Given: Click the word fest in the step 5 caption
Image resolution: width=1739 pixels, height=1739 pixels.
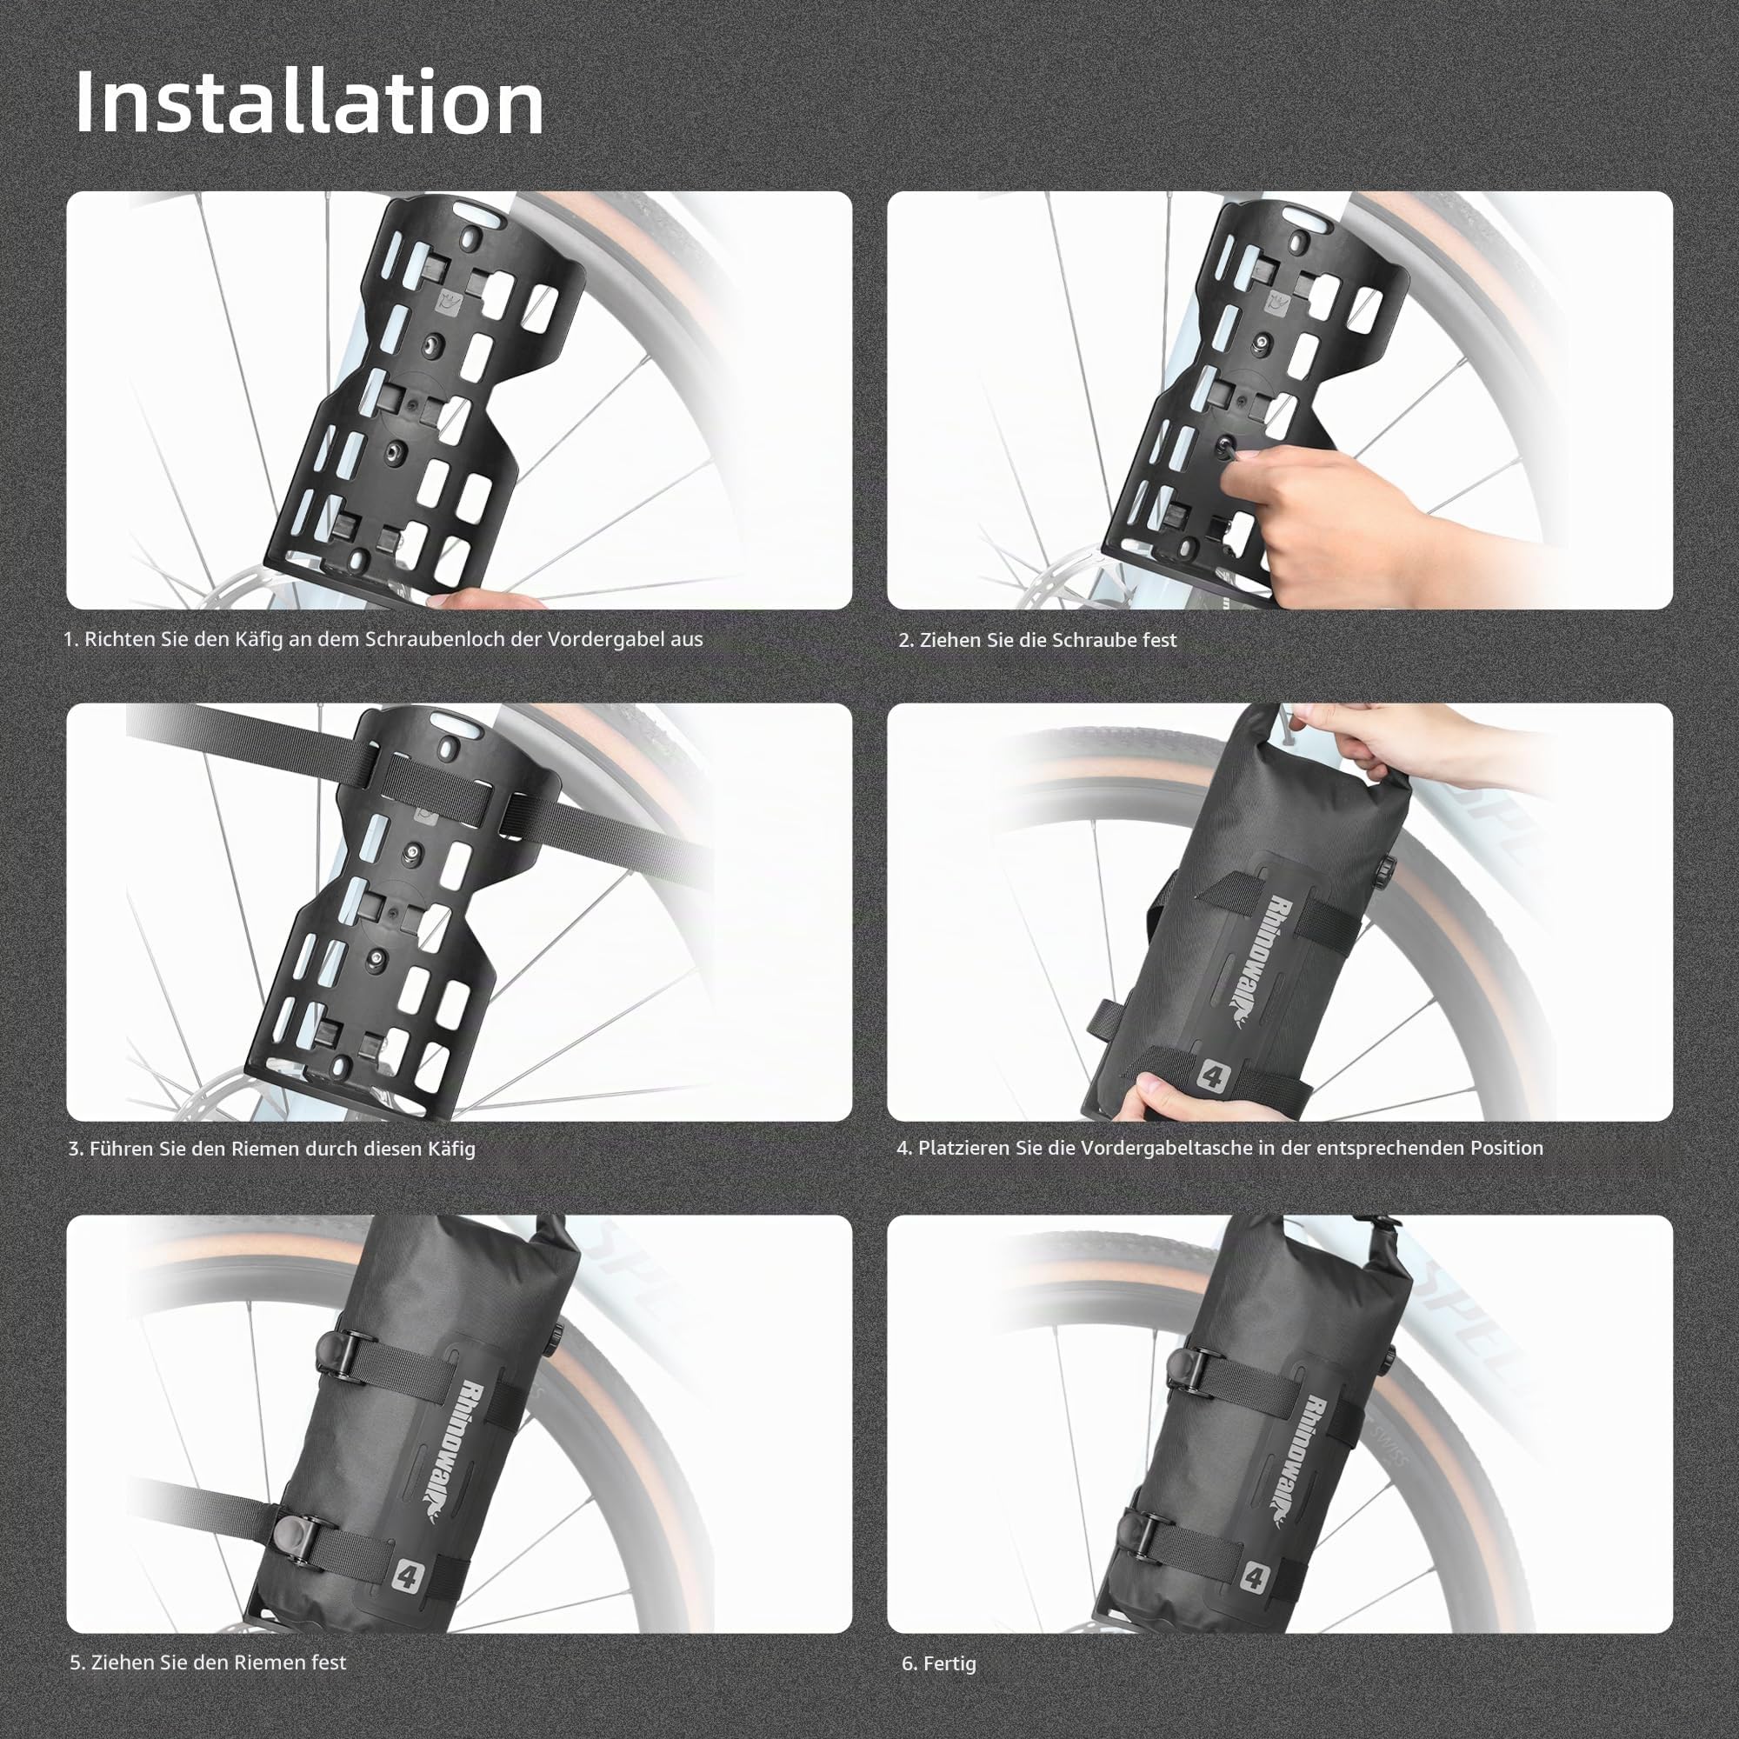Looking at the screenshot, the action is coord(329,1662).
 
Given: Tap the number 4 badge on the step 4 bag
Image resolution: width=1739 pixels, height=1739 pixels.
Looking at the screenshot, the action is coord(1210,1076).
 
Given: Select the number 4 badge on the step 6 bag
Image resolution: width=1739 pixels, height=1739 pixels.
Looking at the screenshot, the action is coord(1254,1576).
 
